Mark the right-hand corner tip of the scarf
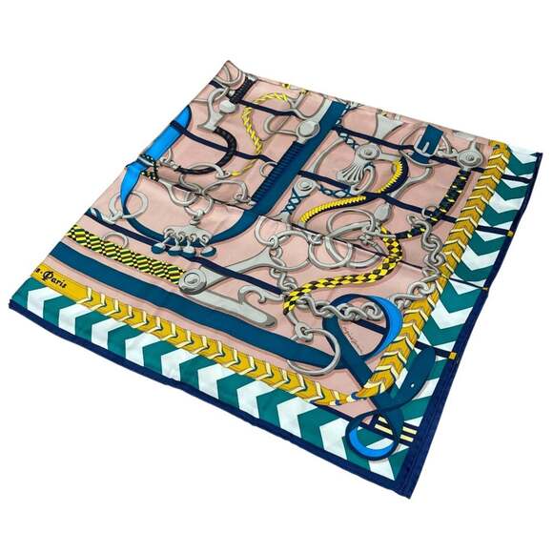tap(539, 157)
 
